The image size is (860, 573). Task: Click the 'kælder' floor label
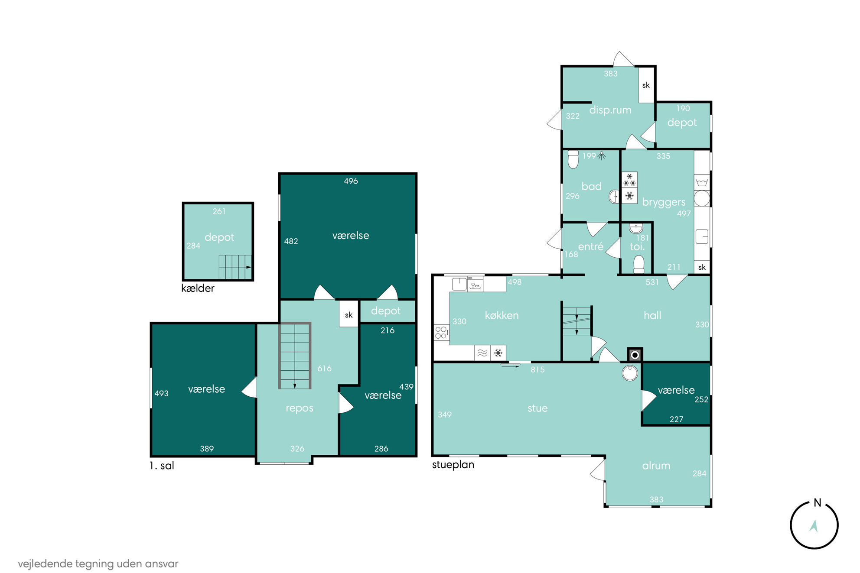pyautogui.click(x=198, y=288)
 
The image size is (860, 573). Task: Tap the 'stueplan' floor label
pyautogui.click(x=453, y=465)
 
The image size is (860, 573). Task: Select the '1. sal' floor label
pyautogui.click(x=162, y=466)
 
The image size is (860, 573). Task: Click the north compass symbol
pyautogui.click(x=814, y=524)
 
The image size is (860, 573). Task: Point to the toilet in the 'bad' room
pyautogui.click(x=573, y=159)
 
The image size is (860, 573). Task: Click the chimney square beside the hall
pyautogui.click(x=635, y=355)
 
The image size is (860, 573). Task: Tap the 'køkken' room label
pyautogui.click(x=502, y=315)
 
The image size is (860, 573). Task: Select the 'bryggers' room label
pyautogui.click(x=664, y=202)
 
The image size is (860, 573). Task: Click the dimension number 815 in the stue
pyautogui.click(x=537, y=369)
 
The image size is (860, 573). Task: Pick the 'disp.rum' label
pyautogui.click(x=610, y=110)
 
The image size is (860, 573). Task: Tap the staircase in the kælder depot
pyautogui.click(x=235, y=267)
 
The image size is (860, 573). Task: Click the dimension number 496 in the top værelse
pyautogui.click(x=351, y=181)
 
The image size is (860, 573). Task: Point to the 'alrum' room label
pyautogui.click(x=656, y=466)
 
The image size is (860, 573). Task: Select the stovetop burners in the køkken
pyautogui.click(x=441, y=333)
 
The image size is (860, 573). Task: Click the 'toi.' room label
pyautogui.click(x=637, y=246)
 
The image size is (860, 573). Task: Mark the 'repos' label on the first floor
pyautogui.click(x=299, y=408)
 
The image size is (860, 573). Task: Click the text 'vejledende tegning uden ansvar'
pyautogui.click(x=98, y=564)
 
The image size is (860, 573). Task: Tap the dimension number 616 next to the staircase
pyautogui.click(x=324, y=369)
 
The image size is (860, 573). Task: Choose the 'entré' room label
pyautogui.click(x=590, y=246)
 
